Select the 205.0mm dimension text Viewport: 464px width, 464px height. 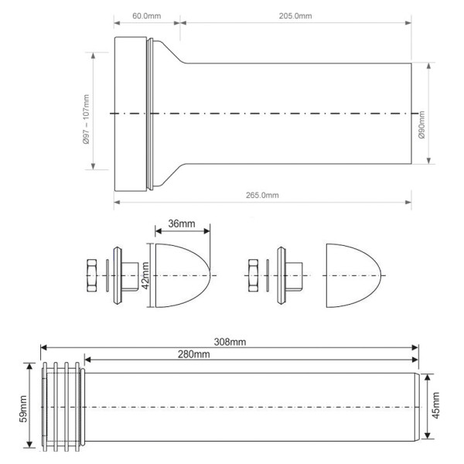point(295,16)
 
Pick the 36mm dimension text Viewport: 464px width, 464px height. point(182,223)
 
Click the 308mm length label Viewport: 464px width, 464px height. point(230,342)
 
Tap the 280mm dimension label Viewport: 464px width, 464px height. point(193,354)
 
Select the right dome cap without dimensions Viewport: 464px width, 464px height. point(353,275)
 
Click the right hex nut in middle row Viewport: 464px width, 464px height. point(253,275)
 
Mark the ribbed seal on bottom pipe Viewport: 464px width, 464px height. point(62,406)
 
